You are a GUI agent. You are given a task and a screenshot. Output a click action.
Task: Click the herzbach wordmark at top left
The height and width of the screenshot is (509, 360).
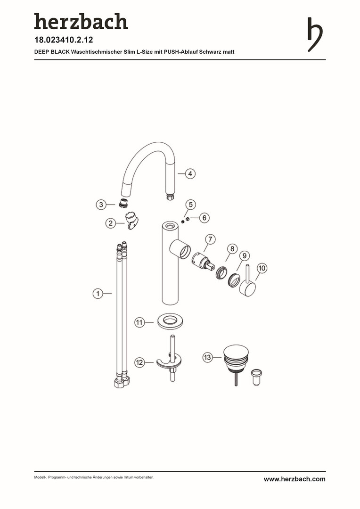(x=81, y=21)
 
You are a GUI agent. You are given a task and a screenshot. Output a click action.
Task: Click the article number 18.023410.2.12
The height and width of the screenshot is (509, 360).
(x=64, y=40)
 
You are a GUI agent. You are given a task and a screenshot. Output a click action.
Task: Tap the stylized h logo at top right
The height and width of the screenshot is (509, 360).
(x=315, y=34)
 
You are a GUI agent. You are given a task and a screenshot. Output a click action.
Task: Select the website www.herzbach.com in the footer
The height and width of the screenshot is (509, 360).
(x=295, y=479)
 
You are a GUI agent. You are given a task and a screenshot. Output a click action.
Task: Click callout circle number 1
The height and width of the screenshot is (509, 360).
(x=98, y=294)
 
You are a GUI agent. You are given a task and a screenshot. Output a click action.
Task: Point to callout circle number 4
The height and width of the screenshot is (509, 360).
(x=190, y=173)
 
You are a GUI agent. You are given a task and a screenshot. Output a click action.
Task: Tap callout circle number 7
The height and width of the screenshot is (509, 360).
(x=210, y=239)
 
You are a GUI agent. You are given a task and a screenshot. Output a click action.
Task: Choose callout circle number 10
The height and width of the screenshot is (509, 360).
(x=262, y=268)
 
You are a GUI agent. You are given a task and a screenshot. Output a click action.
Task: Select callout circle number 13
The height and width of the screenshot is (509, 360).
(x=207, y=357)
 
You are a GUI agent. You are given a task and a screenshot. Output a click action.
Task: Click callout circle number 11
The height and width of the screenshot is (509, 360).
(x=139, y=322)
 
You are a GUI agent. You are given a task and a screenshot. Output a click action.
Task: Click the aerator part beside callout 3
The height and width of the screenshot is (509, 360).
(x=123, y=203)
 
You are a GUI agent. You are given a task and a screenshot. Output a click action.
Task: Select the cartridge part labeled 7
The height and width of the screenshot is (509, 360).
(x=203, y=261)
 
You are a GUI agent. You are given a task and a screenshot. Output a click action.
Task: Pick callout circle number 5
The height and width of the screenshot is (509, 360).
(x=190, y=205)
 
